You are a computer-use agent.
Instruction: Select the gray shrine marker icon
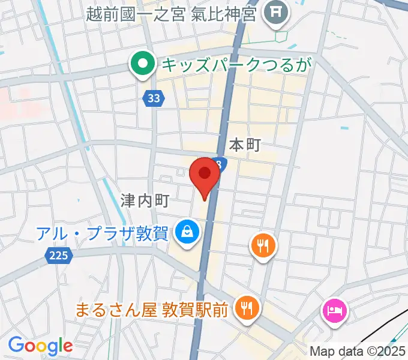(276, 12)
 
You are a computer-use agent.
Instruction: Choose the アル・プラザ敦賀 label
(101, 233)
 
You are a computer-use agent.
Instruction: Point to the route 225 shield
(58, 256)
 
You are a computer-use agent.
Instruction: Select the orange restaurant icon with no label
(263, 245)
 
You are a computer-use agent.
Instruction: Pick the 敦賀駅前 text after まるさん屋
(195, 310)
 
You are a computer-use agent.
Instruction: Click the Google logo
(40, 345)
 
